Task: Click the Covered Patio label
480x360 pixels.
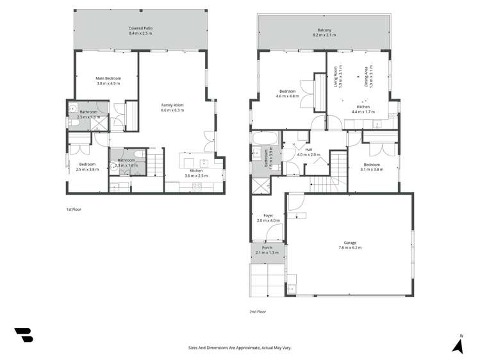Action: [x=140, y=29]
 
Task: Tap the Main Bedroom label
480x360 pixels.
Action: [x=108, y=78]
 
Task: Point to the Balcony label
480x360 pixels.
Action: [x=324, y=30]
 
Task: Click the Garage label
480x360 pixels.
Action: [x=350, y=242]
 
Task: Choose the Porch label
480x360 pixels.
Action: [x=267, y=247]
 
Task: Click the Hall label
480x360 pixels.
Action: [x=308, y=149]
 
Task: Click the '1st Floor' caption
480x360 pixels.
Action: [x=74, y=209]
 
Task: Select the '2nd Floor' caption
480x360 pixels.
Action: [x=258, y=311]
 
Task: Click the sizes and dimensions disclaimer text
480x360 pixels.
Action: [x=240, y=347]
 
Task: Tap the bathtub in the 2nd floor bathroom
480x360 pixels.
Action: [x=263, y=138]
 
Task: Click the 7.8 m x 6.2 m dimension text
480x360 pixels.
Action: [x=350, y=247]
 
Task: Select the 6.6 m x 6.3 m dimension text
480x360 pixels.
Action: [x=172, y=110]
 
